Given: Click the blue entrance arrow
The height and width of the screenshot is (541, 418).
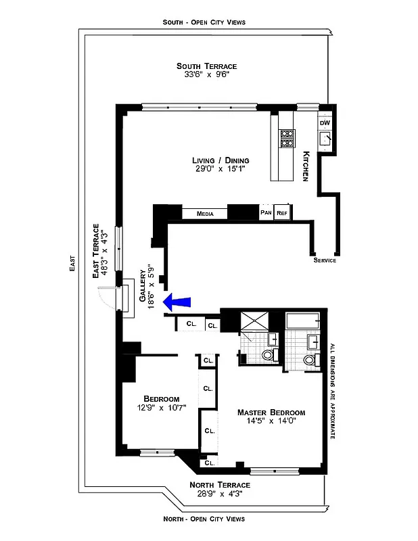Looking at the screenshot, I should (x=177, y=300).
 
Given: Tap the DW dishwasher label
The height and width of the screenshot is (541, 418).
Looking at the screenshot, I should (x=325, y=122).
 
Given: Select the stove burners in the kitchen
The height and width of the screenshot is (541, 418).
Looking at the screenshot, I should (x=287, y=138).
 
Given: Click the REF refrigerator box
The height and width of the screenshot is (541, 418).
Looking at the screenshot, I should (x=282, y=212).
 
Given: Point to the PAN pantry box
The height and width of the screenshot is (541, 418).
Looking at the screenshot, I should (x=266, y=212).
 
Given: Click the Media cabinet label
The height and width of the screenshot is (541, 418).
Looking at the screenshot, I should (x=205, y=213).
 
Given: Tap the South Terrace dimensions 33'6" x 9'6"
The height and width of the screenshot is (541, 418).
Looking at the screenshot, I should (x=207, y=75).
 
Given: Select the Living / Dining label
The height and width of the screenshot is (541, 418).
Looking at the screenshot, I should (x=220, y=160).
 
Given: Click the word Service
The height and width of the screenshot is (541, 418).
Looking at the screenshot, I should (x=325, y=260).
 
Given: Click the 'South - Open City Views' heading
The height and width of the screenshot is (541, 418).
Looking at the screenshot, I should (x=204, y=22).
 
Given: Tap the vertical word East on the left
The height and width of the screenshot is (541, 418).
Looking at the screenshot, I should (x=72, y=268).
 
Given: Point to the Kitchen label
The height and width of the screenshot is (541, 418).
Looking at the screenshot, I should (x=306, y=166).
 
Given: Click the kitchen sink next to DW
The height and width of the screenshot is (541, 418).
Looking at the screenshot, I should (x=326, y=138).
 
